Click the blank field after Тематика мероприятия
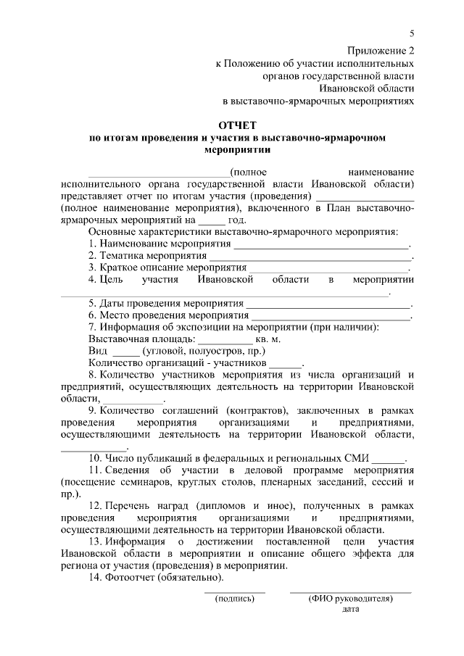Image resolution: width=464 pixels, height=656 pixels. [x=310, y=257]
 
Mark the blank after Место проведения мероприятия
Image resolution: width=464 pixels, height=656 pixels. [x=331, y=317]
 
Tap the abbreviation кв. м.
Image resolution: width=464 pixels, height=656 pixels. [x=268, y=339]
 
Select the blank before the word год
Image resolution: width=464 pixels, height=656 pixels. [x=212, y=222]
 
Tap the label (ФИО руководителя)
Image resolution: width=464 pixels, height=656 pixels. [x=350, y=599]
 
